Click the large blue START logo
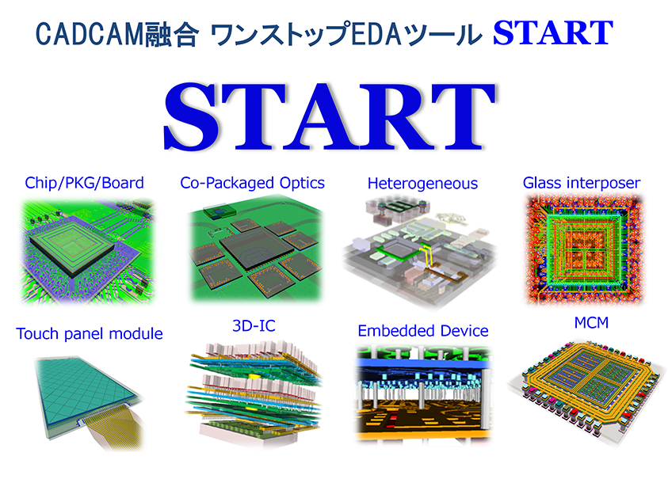tap(329, 116)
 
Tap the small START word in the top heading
tap(552, 32)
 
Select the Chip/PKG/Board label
tap(84, 183)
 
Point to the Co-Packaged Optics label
tap(252, 183)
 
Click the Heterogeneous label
tap(422, 184)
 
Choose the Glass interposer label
tap(582, 183)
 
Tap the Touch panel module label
tap(90, 334)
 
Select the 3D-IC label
tap(254, 326)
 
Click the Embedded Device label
tap(423, 331)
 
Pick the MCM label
tap(591, 323)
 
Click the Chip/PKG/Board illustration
tap(87, 251)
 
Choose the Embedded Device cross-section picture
tap(423, 393)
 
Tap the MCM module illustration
tap(586, 387)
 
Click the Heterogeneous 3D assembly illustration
tap(420, 251)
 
